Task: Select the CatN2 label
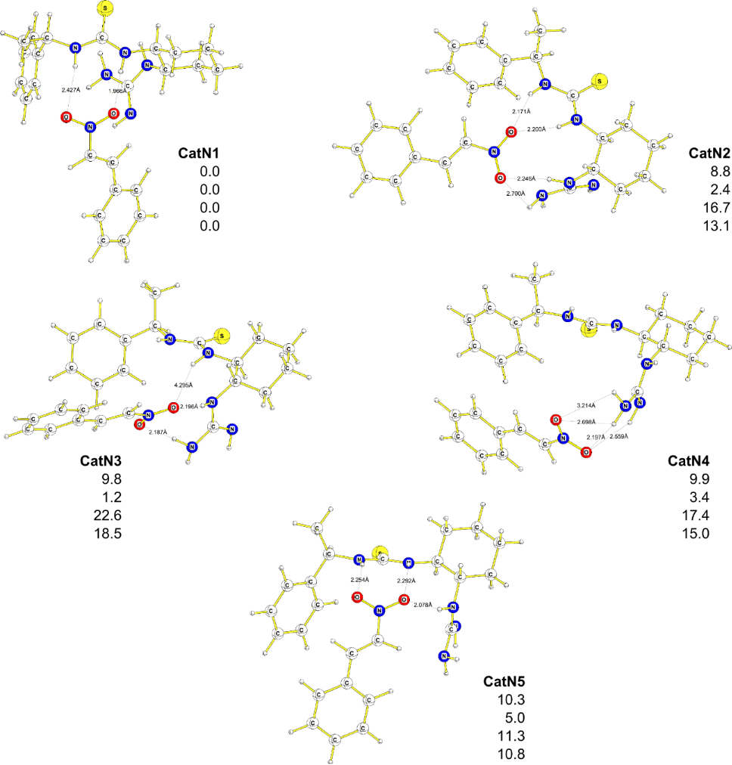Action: pos(709,153)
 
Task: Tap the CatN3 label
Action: pos(101,460)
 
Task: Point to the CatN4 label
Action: pos(689,461)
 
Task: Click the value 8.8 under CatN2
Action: pos(718,172)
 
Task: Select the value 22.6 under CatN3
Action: pos(107,515)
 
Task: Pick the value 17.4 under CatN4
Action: pos(694,516)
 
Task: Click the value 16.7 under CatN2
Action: pos(715,207)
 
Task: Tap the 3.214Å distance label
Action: pos(586,406)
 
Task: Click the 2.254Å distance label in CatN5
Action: pos(359,580)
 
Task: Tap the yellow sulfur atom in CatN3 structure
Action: pos(222,335)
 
